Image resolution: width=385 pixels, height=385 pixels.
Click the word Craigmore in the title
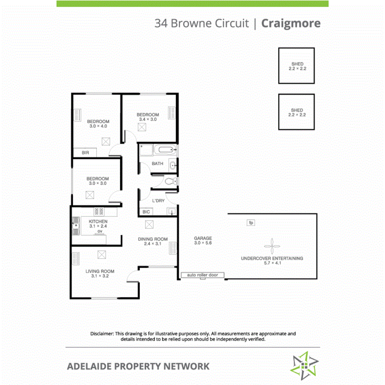291,23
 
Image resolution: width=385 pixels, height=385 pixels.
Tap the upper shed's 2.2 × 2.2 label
297,69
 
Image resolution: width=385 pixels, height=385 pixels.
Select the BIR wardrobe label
85,153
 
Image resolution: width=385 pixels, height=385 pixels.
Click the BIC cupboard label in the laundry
146,212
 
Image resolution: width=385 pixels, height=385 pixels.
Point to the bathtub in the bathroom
164,150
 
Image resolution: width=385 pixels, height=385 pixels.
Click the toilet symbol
169,181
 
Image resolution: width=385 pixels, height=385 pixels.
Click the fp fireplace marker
251,223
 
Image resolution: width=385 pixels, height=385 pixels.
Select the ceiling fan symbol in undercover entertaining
272,247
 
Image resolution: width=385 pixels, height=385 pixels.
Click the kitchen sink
76,226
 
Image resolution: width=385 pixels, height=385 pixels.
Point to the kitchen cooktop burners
99,212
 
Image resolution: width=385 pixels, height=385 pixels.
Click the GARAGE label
203,238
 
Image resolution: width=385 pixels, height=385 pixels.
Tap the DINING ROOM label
152,239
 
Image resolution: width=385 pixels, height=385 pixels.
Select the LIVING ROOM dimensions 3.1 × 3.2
100,277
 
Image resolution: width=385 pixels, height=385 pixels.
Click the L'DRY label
158,201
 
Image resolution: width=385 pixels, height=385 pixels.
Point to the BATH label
157,164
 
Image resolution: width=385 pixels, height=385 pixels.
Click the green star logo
304,366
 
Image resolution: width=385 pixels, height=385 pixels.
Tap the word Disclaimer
102,333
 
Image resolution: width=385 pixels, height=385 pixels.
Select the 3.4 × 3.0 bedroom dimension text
147,120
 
